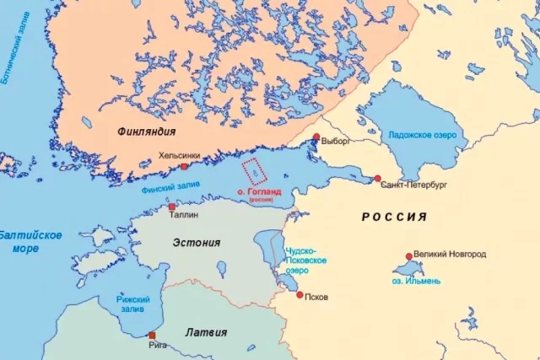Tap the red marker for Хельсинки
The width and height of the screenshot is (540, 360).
(184, 167)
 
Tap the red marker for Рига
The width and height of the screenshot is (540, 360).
(152, 335)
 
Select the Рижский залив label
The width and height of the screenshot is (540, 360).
(134, 304)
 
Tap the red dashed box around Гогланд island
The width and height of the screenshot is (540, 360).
(253, 171)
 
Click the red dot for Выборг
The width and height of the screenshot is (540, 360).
(316, 137)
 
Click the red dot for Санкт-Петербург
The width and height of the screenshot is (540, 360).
(377, 179)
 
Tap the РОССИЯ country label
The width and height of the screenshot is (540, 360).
(394, 217)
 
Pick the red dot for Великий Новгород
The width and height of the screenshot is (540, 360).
(408, 256)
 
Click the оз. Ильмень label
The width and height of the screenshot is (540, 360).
(415, 280)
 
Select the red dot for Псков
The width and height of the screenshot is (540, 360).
(300, 295)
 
